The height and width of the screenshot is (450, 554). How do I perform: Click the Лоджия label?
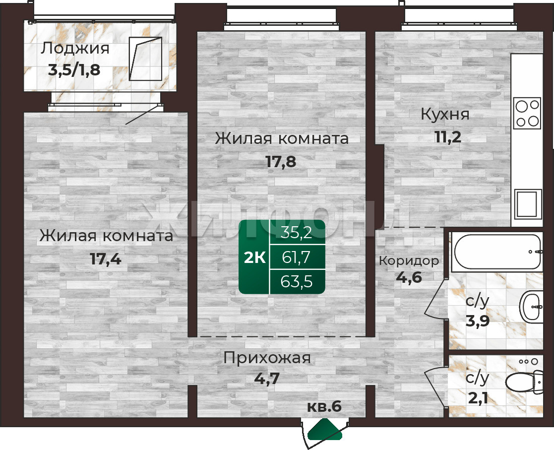click(x=75, y=49)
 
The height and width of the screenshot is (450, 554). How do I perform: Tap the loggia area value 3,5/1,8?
click(x=74, y=70)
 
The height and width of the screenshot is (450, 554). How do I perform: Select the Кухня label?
click(x=445, y=115)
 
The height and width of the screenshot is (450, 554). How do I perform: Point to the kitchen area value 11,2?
click(x=448, y=137)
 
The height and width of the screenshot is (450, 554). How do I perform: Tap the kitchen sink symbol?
click(x=528, y=204)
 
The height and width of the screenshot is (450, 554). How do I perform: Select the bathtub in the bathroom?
click(x=497, y=252)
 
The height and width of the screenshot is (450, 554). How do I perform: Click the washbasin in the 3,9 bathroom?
click(x=531, y=307)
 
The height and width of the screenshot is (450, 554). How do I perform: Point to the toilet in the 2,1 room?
click(x=524, y=382)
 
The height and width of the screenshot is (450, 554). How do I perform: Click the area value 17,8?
click(x=281, y=162)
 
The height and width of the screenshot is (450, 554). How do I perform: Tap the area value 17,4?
click(x=106, y=259)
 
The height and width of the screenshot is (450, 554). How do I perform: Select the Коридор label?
click(x=409, y=261)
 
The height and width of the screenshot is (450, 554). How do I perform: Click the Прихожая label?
click(x=267, y=358)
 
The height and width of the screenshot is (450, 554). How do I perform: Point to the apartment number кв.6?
click(x=324, y=406)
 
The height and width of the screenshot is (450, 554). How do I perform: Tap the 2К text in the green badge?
click(x=255, y=258)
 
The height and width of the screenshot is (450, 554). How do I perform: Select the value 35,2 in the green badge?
click(x=297, y=233)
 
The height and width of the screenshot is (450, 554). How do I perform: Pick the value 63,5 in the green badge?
click(x=297, y=282)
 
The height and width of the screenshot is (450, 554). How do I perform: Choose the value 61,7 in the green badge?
click(x=296, y=257)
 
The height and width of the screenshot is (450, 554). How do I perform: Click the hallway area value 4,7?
click(x=267, y=379)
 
